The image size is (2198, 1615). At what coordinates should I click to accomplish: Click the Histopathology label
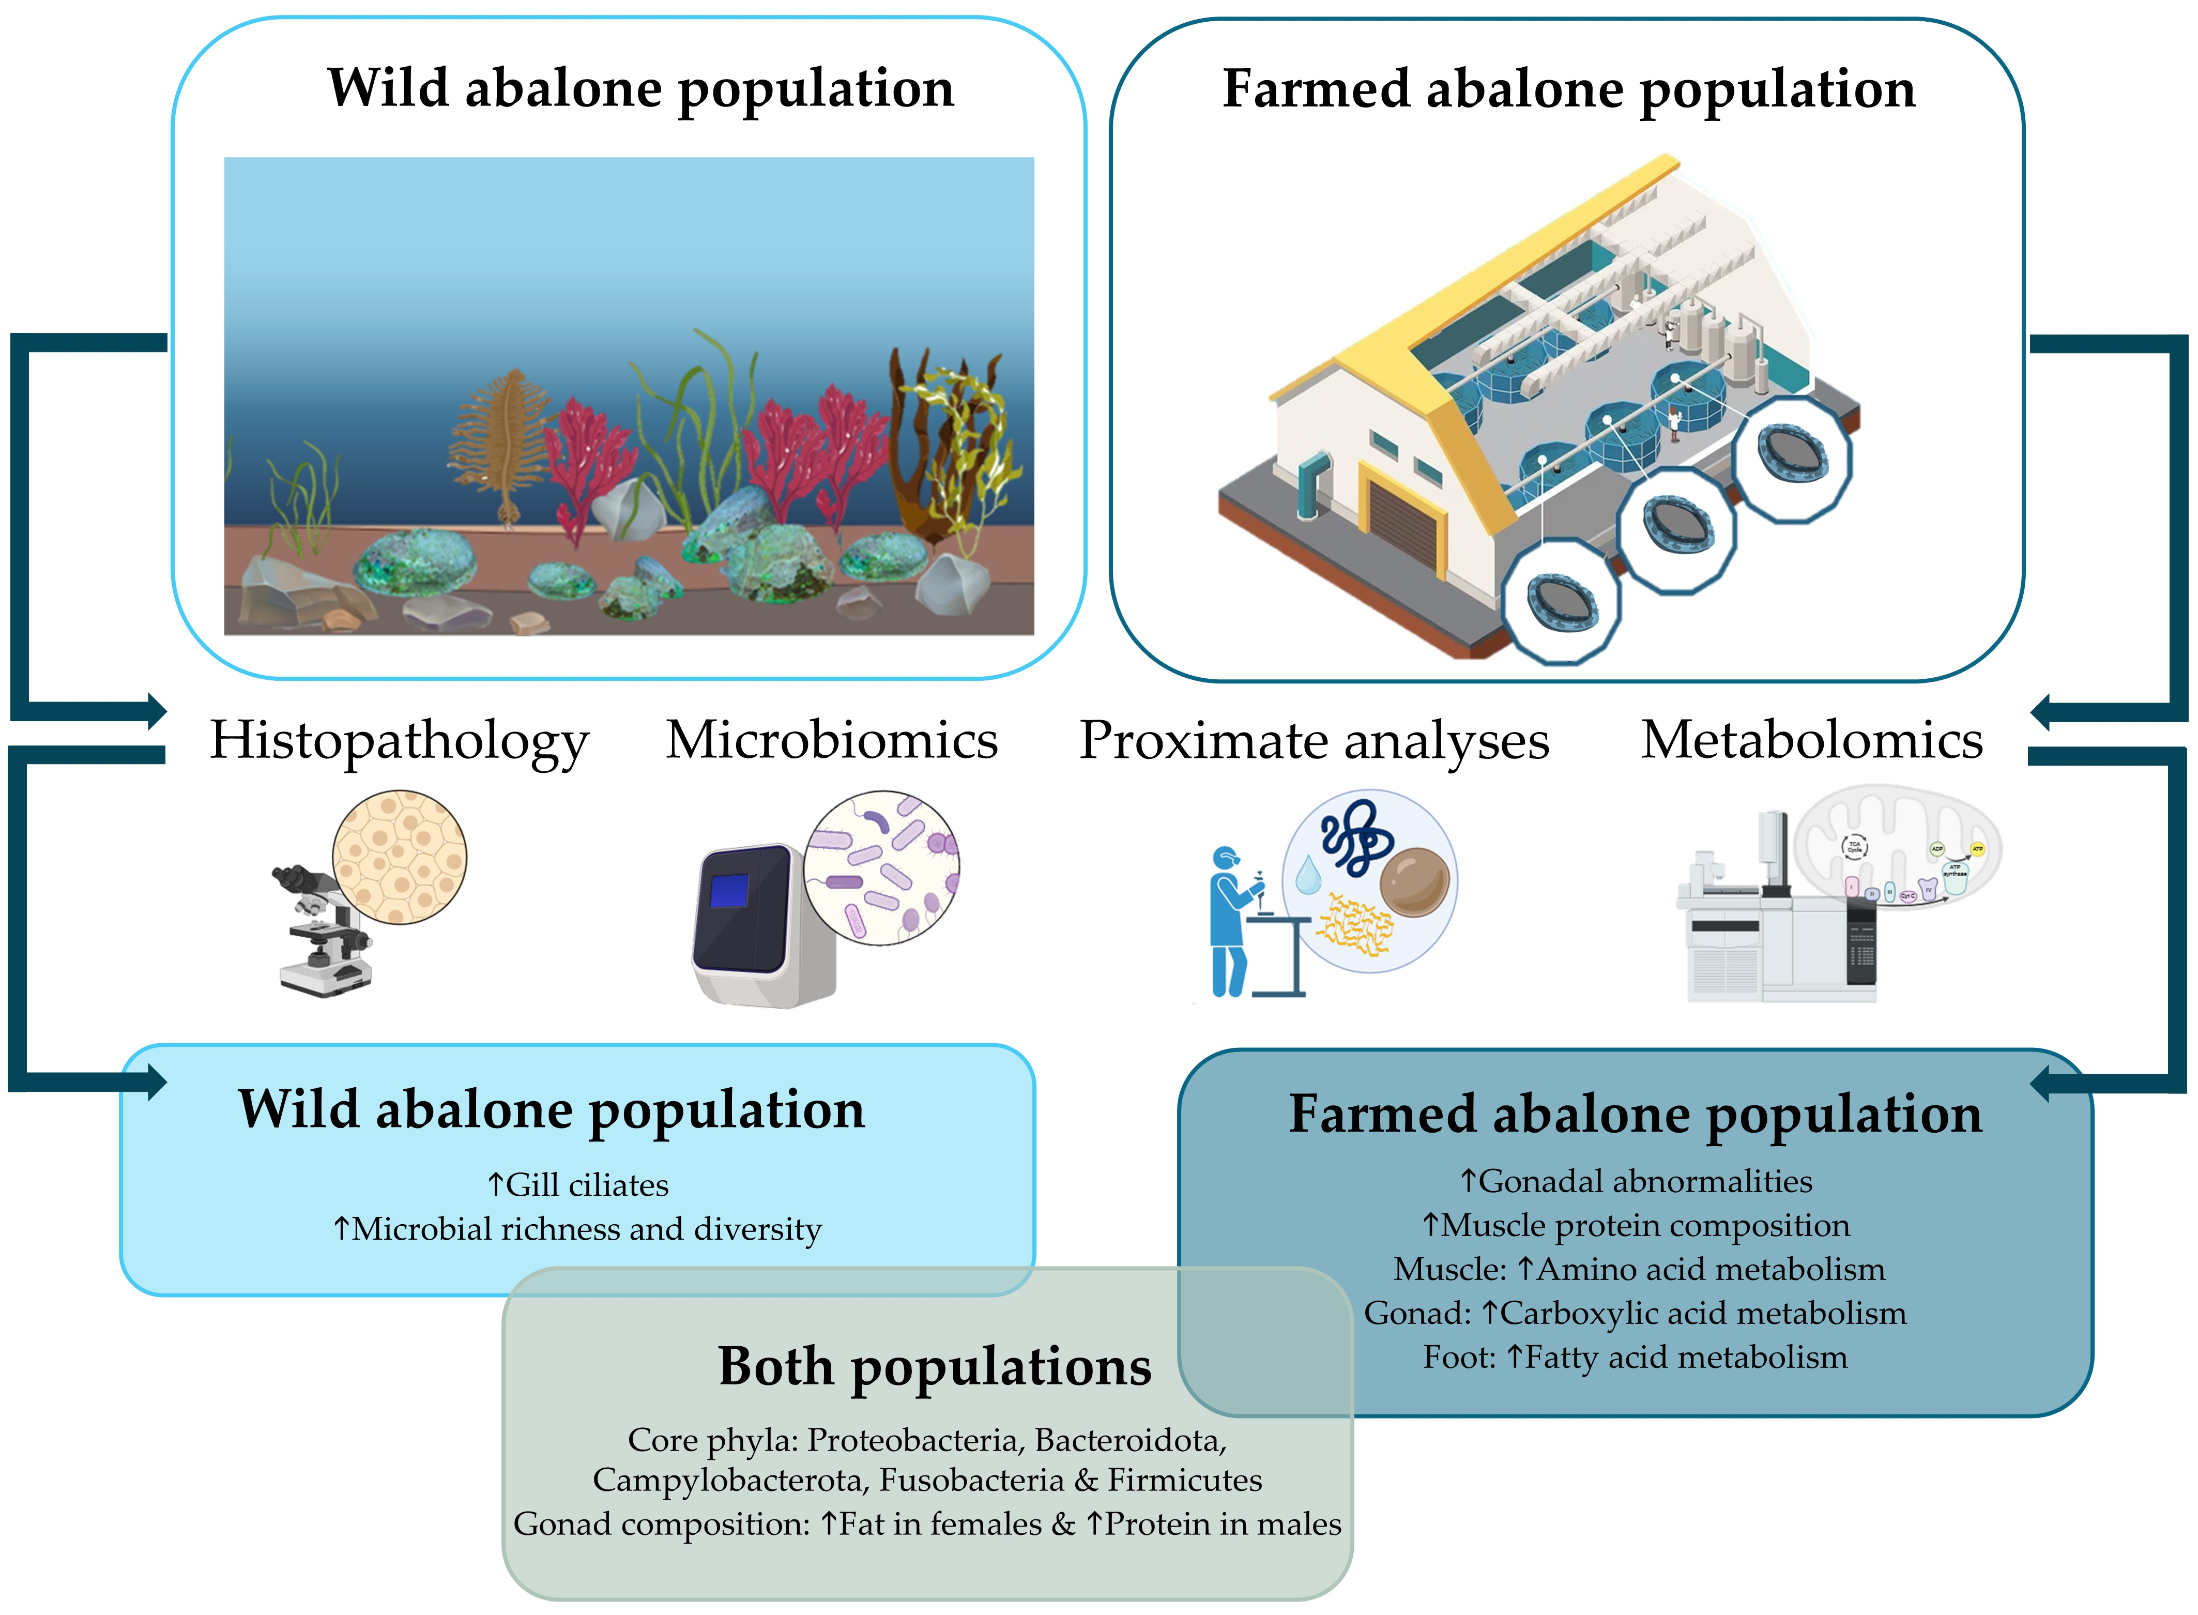pyautogui.click(x=399, y=741)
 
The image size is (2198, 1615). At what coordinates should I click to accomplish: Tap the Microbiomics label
pyautogui.click(x=832, y=740)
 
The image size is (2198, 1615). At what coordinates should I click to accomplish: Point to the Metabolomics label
pyautogui.click(x=1811, y=740)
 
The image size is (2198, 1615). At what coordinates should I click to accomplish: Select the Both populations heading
pyautogui.click(x=934, y=1367)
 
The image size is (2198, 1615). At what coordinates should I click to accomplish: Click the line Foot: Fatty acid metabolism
pyautogui.click(x=1635, y=1358)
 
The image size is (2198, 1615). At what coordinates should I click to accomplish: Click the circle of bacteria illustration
pyautogui.click(x=881, y=868)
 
